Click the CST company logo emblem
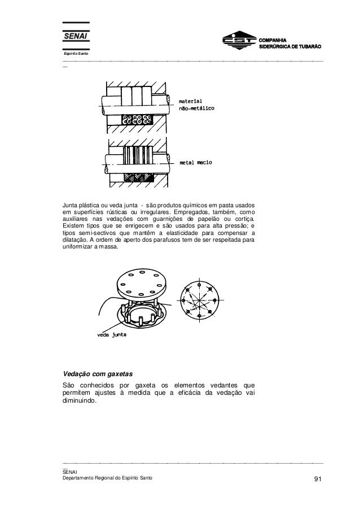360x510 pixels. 239,42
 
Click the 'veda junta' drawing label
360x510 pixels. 111,334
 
